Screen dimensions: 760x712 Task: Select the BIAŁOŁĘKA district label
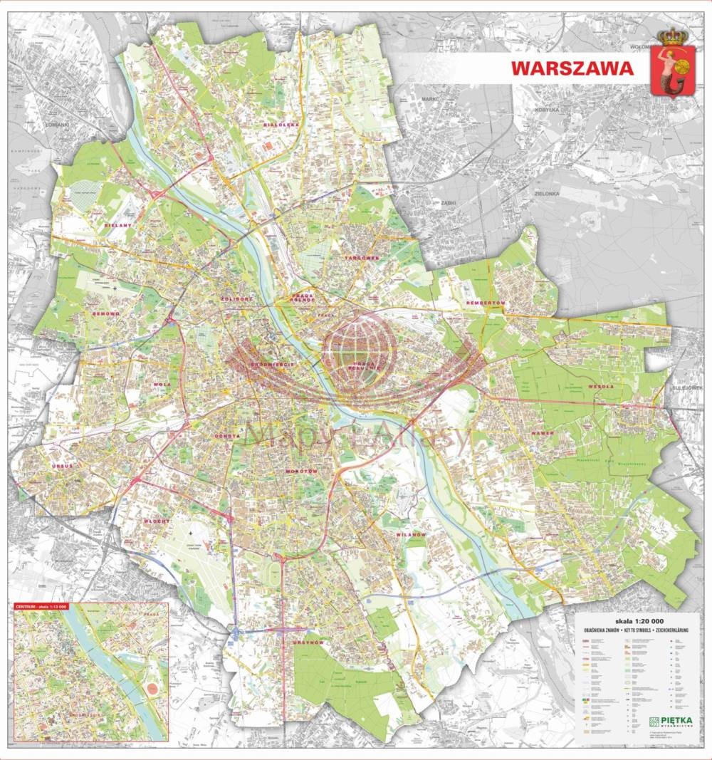pos(281,124)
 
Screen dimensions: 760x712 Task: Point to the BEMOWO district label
pos(105,313)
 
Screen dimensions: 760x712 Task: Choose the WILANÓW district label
pos(412,534)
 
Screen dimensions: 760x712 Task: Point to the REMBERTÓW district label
pos(486,303)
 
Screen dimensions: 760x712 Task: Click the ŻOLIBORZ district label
pos(236,299)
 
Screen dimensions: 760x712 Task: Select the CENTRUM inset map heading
pos(41,607)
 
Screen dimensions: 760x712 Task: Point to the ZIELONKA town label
pos(549,193)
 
